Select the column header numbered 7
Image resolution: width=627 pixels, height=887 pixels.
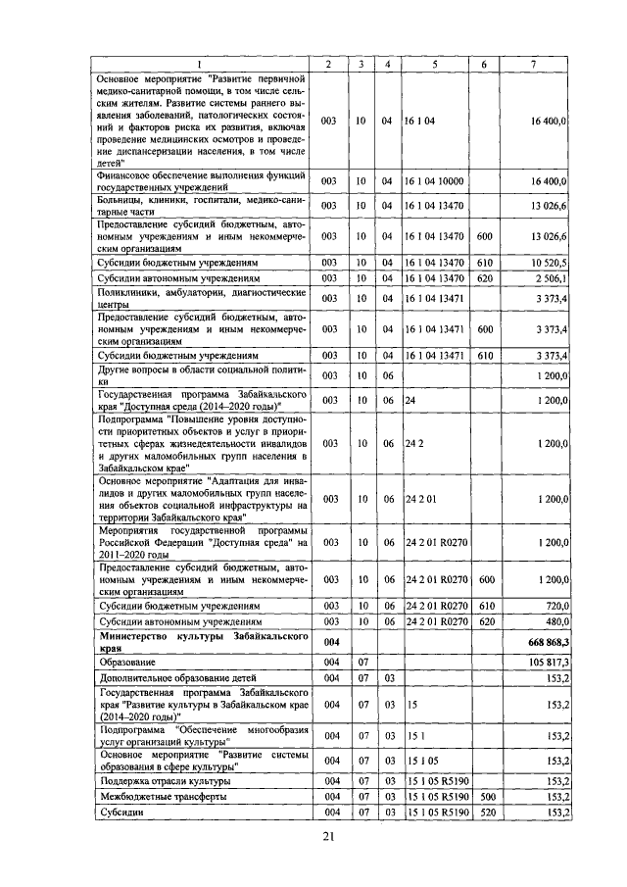(x=531, y=65)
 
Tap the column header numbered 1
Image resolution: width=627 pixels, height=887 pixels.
(x=200, y=65)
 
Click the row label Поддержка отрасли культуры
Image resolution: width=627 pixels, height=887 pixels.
(x=165, y=781)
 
